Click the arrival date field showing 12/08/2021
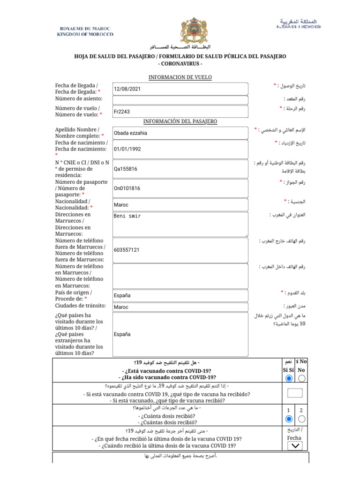click(x=180, y=89)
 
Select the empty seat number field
click(x=180, y=100)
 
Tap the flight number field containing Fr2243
click(x=180, y=112)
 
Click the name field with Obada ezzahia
click(x=180, y=133)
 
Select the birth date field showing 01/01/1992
click(x=180, y=149)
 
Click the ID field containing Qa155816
click(x=180, y=169)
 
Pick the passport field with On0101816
click(x=180, y=188)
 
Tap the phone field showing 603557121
click(x=180, y=250)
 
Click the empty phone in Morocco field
click(x=180, y=276)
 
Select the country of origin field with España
click(x=180, y=296)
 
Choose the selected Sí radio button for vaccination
click(x=289, y=378)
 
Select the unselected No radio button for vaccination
click(x=302, y=378)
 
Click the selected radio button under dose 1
click(x=289, y=419)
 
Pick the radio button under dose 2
click(x=302, y=419)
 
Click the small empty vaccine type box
click(x=295, y=393)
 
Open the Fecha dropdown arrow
click(x=295, y=446)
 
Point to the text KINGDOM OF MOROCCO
click(x=85, y=34)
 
